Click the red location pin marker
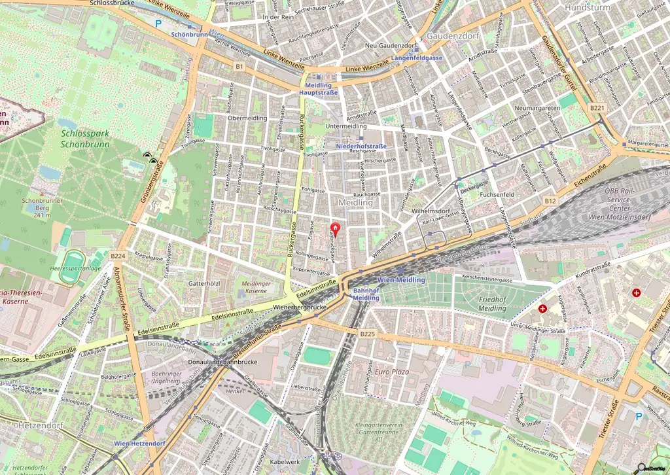[335, 229]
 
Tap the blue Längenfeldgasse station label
[417, 58]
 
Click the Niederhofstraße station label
[361, 146]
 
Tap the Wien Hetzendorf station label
[139, 444]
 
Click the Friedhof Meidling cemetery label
[478, 304]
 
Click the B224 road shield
[118, 256]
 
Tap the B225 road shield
[367, 334]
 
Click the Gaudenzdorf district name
[449, 35]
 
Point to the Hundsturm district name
[587, 8]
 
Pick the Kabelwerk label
[285, 461]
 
